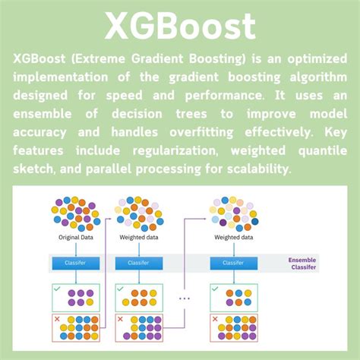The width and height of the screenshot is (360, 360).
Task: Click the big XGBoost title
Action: pyautogui.click(x=180, y=26)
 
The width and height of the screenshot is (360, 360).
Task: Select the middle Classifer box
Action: pyautogui.click(x=138, y=263)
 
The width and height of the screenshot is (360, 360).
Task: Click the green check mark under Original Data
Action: pyautogui.click(x=56, y=289)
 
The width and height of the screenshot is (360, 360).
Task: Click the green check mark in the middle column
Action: pyautogui.click(x=119, y=289)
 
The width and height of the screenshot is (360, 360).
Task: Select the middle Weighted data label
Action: pyautogui.click(x=137, y=238)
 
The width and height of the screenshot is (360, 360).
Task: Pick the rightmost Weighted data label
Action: pyautogui.click(x=234, y=238)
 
